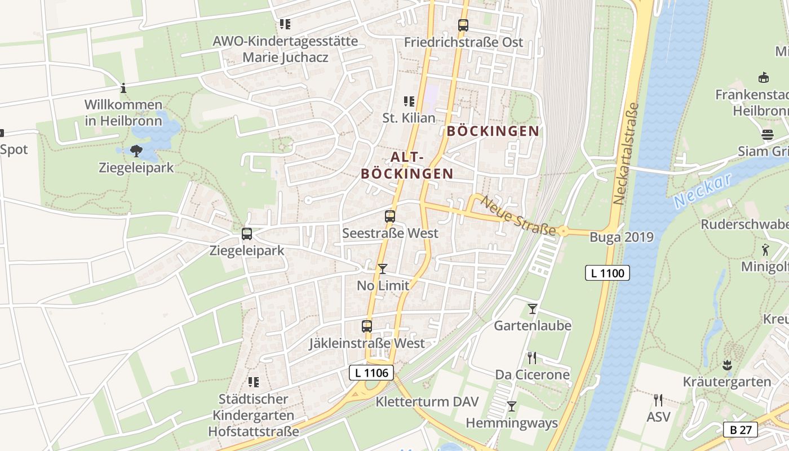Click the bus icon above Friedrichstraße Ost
[x=463, y=25]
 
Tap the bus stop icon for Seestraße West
[x=389, y=216]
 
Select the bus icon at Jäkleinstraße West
[x=367, y=326]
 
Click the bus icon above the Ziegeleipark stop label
[x=247, y=233]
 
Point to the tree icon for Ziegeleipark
[x=136, y=151]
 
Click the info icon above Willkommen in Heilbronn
[x=123, y=88]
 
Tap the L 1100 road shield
[x=607, y=273]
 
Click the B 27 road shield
[x=741, y=430]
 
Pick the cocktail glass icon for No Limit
[x=383, y=269]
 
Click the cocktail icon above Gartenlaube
[x=532, y=308]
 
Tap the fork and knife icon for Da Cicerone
[x=531, y=357]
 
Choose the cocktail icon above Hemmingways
[x=512, y=406]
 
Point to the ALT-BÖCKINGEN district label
[x=407, y=165]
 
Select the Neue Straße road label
[x=518, y=215]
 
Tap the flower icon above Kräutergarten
[x=727, y=365]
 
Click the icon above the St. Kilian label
[x=409, y=101]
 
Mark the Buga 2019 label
[x=622, y=237]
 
